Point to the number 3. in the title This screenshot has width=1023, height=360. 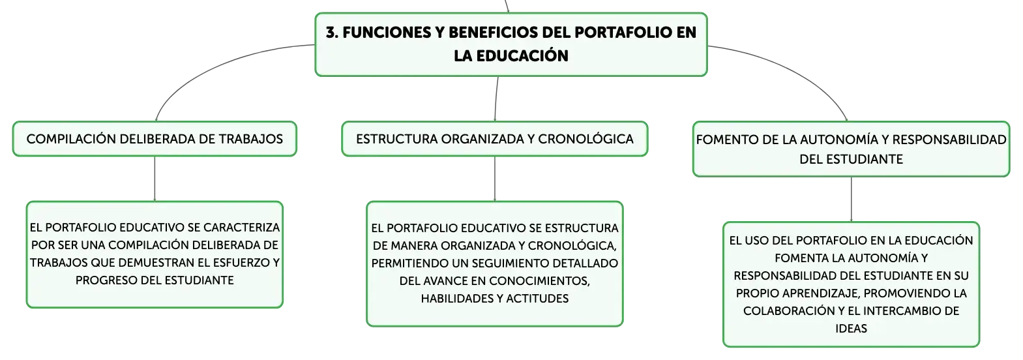point(332,33)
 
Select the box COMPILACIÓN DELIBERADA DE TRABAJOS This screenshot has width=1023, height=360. point(155,139)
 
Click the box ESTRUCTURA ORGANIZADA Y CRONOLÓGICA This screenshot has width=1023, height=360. point(495,139)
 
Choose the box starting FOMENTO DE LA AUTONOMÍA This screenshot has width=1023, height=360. point(852,149)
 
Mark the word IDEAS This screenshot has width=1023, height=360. point(852,329)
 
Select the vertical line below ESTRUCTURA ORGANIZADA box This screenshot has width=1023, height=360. point(495,179)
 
